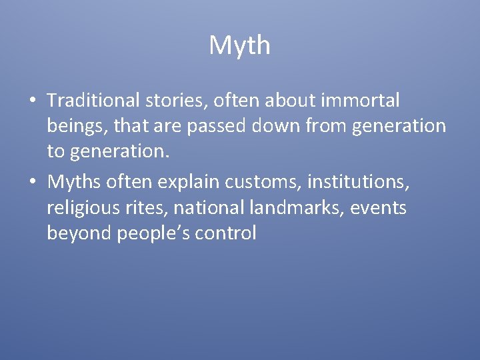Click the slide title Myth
tap(239, 46)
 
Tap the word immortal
tap(360, 101)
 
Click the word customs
tap(262, 181)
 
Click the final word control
tap(226, 234)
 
